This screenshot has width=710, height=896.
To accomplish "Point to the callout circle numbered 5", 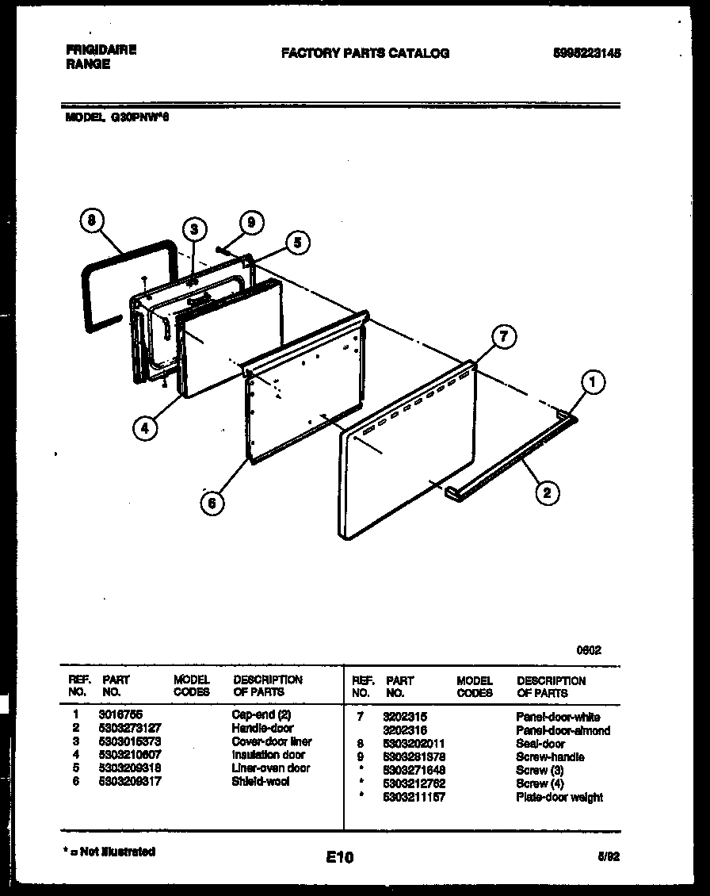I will (297, 243).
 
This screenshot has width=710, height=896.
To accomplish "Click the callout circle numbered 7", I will (502, 337).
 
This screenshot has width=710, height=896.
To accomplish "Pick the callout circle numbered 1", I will (592, 383).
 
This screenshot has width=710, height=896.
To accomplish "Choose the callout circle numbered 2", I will (545, 493).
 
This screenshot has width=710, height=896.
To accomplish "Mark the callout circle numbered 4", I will (145, 427).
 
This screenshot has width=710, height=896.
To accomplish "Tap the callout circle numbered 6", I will (212, 503).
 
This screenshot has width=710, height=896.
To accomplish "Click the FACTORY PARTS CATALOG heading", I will (365, 54).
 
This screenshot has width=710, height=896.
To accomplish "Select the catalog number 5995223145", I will (586, 54).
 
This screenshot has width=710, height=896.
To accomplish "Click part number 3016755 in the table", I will (120, 714).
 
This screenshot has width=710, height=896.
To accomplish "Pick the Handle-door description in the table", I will (262, 728).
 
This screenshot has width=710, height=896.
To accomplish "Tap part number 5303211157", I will (414, 797).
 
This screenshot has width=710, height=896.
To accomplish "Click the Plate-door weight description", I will (559, 797).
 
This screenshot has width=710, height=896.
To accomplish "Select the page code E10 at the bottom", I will (339, 857).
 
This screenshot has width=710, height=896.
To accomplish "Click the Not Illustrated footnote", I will (109, 852).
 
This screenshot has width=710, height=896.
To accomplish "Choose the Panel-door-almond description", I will (563, 730).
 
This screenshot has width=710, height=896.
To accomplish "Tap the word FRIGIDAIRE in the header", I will (101, 50).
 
